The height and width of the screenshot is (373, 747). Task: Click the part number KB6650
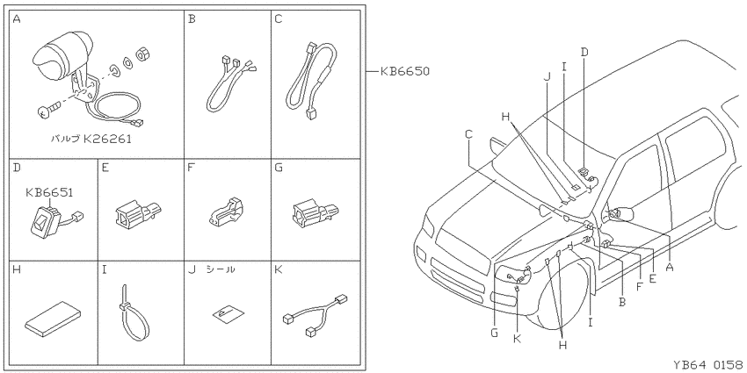click(405, 71)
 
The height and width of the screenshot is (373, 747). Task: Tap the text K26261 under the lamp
click(107, 140)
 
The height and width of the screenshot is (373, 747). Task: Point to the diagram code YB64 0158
click(707, 364)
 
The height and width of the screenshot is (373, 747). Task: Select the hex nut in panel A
click(141, 54)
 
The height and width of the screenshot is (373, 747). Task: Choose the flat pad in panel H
click(53, 318)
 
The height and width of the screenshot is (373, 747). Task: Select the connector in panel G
click(314, 213)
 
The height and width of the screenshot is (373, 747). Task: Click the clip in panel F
click(226, 211)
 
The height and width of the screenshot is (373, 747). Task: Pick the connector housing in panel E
click(138, 212)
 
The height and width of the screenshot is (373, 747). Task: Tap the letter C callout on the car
click(468, 134)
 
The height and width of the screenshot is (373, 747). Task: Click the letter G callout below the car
click(494, 333)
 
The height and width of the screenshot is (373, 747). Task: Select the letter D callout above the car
click(584, 52)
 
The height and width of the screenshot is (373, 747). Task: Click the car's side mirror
click(620, 214)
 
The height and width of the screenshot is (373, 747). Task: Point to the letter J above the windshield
click(547, 77)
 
